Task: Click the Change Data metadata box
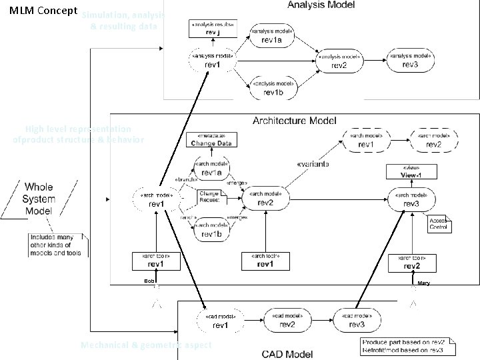(x=212, y=140)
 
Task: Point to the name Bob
(x=149, y=281)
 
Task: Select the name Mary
(x=423, y=283)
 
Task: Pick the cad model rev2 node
(x=287, y=321)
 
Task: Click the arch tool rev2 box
(x=412, y=262)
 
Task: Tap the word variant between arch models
(x=312, y=162)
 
